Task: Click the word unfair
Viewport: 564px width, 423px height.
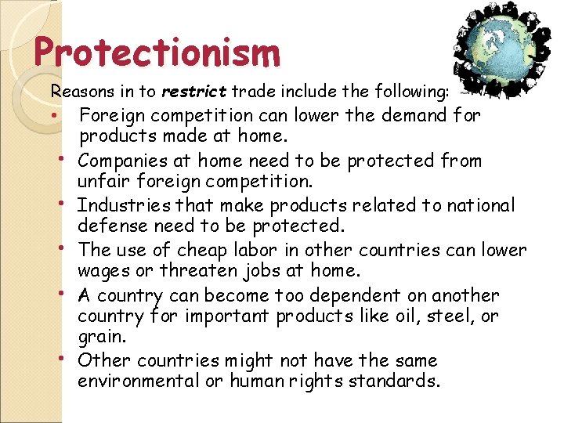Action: [x=100, y=182]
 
